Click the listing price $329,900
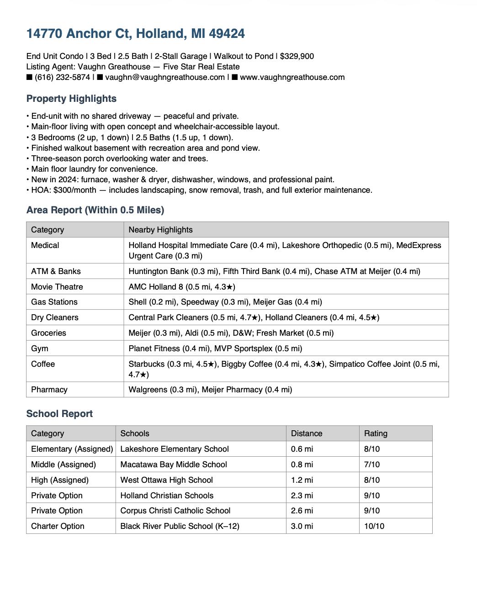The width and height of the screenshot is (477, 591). (x=297, y=56)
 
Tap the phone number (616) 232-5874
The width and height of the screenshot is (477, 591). (x=62, y=77)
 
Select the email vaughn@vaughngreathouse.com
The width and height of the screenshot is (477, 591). (x=164, y=77)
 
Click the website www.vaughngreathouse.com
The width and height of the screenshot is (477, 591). (x=292, y=77)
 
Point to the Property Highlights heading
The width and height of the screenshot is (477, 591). (x=71, y=99)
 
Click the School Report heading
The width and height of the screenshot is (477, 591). (x=59, y=414)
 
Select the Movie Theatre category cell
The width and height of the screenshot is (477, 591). (x=57, y=287)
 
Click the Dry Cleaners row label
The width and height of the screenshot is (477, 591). (x=55, y=317)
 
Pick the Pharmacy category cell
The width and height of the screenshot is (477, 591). (x=49, y=390)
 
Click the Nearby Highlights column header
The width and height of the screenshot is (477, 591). (x=160, y=230)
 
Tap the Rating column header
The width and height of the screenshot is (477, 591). (x=376, y=433)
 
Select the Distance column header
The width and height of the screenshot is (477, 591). (x=307, y=433)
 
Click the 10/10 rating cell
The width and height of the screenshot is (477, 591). (x=374, y=526)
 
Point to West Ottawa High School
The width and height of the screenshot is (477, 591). (x=166, y=480)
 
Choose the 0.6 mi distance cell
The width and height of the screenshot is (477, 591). (x=302, y=449)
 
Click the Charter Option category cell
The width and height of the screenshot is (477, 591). (x=58, y=526)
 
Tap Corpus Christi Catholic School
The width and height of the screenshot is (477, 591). (x=175, y=511)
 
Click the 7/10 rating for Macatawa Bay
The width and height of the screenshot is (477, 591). (x=372, y=464)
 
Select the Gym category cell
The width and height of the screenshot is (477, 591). (x=40, y=348)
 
